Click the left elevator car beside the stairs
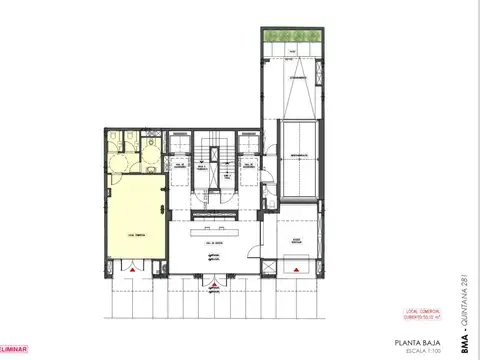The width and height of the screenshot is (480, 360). point(178,172)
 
